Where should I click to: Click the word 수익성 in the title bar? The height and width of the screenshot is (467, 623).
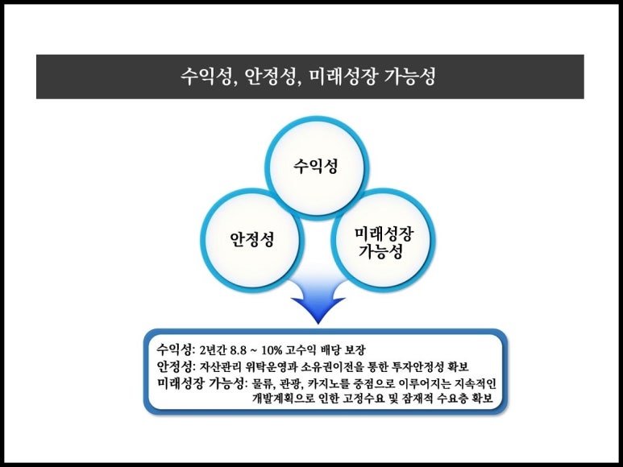pos(204,77)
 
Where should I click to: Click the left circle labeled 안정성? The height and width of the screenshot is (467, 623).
pos(251,239)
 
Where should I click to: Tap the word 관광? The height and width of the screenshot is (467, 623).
pos(293,382)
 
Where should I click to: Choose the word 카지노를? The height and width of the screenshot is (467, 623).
pos(329,382)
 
